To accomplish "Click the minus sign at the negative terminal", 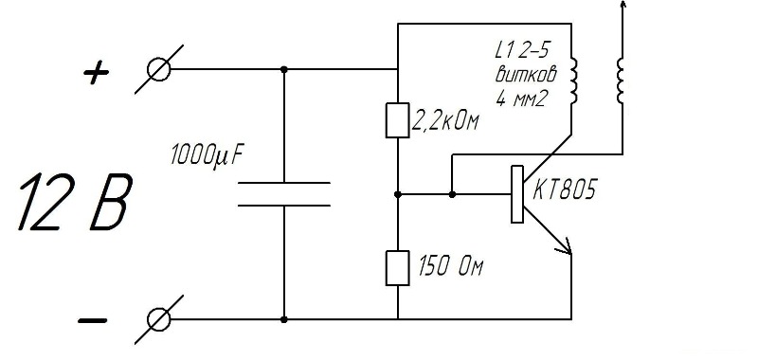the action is click(x=92, y=320).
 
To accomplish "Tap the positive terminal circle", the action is click(x=158, y=69).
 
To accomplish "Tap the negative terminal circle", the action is click(x=158, y=319).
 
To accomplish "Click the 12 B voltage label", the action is click(x=74, y=202).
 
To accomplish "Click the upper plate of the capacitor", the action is click(x=284, y=183).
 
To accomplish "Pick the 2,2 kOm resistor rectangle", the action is click(x=397, y=120).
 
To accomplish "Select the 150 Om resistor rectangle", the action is click(x=397, y=268).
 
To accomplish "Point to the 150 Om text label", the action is click(x=451, y=267).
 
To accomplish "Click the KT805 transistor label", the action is click(x=564, y=190).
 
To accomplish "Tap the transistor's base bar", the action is click(x=517, y=194).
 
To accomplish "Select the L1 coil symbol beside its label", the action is click(x=573, y=81).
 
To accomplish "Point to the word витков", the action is click(x=526, y=75).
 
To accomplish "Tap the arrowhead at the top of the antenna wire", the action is click(x=623, y=4).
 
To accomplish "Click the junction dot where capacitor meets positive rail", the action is click(x=284, y=69).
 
